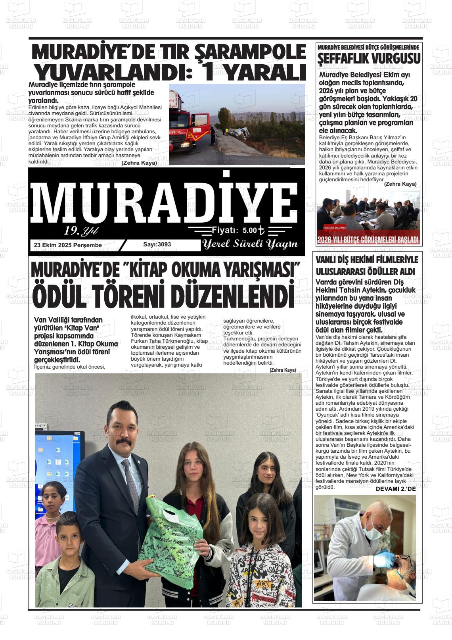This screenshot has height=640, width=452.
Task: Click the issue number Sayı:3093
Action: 157,244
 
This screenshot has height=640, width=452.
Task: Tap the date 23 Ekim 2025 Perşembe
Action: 68,245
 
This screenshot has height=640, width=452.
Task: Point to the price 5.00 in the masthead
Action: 249,230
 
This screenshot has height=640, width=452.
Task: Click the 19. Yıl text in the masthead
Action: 81,231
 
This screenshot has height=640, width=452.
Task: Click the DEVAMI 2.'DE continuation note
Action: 395,489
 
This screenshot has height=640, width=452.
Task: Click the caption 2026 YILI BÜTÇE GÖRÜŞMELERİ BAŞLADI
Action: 368,240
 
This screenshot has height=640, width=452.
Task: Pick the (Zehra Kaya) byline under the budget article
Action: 400,184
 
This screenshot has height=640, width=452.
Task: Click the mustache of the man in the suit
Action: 124,442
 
